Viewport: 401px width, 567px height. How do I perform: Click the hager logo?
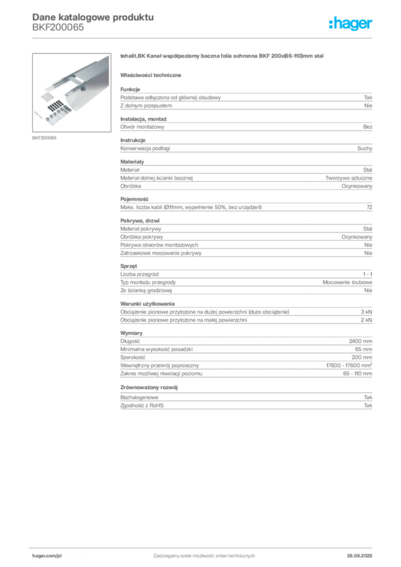351,23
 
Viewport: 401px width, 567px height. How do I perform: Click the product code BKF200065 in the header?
58,28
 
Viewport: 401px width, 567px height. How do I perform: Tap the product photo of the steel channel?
71,92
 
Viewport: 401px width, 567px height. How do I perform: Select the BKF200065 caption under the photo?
44,138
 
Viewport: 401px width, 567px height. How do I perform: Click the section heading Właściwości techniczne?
151,75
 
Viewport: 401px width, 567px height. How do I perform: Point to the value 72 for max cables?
369,207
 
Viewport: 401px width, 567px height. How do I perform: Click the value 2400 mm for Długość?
361,341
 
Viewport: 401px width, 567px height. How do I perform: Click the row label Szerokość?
133,357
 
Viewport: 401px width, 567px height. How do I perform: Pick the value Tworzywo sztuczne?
348,178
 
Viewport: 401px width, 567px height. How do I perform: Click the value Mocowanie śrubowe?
347,282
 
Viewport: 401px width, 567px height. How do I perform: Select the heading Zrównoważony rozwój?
149,387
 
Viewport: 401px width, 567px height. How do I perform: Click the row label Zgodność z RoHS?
142,405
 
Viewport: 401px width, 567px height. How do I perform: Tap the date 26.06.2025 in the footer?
359,556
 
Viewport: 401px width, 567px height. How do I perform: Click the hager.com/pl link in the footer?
47,556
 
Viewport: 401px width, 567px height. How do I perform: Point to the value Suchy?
364,148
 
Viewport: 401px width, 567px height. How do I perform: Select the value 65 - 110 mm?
358,374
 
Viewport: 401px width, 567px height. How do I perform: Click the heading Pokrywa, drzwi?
140,220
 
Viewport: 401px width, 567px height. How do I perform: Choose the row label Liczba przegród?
139,274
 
